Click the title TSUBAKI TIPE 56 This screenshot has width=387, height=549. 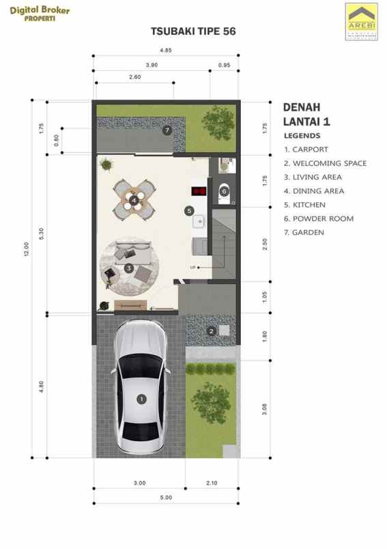point(193,31)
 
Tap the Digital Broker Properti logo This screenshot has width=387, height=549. point(39,13)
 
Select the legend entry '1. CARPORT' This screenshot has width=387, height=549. point(306,149)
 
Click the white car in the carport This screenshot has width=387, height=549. point(141,387)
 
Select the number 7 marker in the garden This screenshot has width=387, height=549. point(167,130)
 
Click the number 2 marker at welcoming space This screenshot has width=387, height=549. point(212,332)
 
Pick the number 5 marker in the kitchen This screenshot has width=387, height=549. point(189,211)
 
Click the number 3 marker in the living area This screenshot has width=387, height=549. point(128,268)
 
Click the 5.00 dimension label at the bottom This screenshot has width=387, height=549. point(165,497)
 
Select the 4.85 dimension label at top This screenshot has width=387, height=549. point(165,50)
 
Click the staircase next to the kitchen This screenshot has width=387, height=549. point(224,243)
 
